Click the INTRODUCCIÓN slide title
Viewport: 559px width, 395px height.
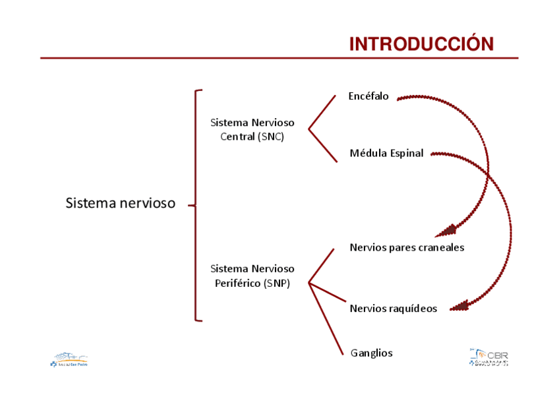coord(421,44)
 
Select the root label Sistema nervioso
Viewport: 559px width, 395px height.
coord(121,203)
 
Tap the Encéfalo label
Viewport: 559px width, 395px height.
coord(368,96)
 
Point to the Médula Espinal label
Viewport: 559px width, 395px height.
coord(386,154)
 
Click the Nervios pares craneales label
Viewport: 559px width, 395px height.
coord(407,248)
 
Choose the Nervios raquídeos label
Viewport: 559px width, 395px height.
coord(393,309)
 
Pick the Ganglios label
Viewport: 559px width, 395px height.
coord(371,353)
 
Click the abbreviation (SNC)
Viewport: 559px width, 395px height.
coord(272,137)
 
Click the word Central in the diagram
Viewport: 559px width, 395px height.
coord(237,137)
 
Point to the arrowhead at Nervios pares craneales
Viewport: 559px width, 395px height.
coord(448,230)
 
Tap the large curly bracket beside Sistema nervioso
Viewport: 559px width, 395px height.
coord(196,205)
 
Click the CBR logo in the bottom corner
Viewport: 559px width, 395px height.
coord(489,357)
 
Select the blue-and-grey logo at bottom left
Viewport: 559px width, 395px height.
coord(69,359)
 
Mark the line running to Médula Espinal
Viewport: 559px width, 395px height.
coord(323,145)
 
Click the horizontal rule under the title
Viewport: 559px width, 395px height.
coord(279,58)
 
